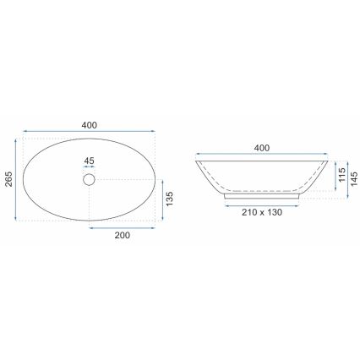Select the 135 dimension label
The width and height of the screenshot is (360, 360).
tap(169, 199)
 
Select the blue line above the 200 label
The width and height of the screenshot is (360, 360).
tap(123, 227)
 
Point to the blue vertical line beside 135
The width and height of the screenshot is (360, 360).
tap(161, 199)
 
